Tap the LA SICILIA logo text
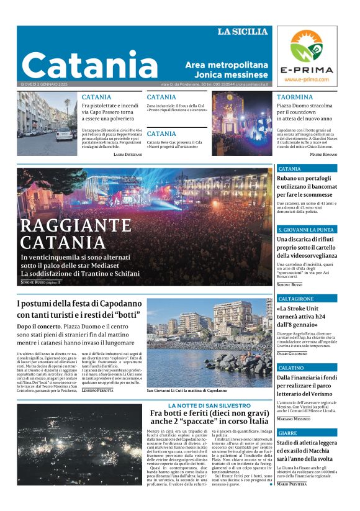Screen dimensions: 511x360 [x=242, y=32]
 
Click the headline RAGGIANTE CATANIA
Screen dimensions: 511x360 [x=76, y=233]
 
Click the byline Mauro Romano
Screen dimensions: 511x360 [x=323, y=153]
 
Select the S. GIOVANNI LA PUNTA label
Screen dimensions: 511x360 [x=306, y=230]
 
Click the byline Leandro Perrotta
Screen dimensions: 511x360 [x=97, y=390]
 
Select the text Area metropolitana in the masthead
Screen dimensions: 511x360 [x=227, y=65]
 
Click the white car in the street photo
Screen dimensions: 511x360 [x=64, y=133]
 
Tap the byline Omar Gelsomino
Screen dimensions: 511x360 [x=292, y=353]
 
